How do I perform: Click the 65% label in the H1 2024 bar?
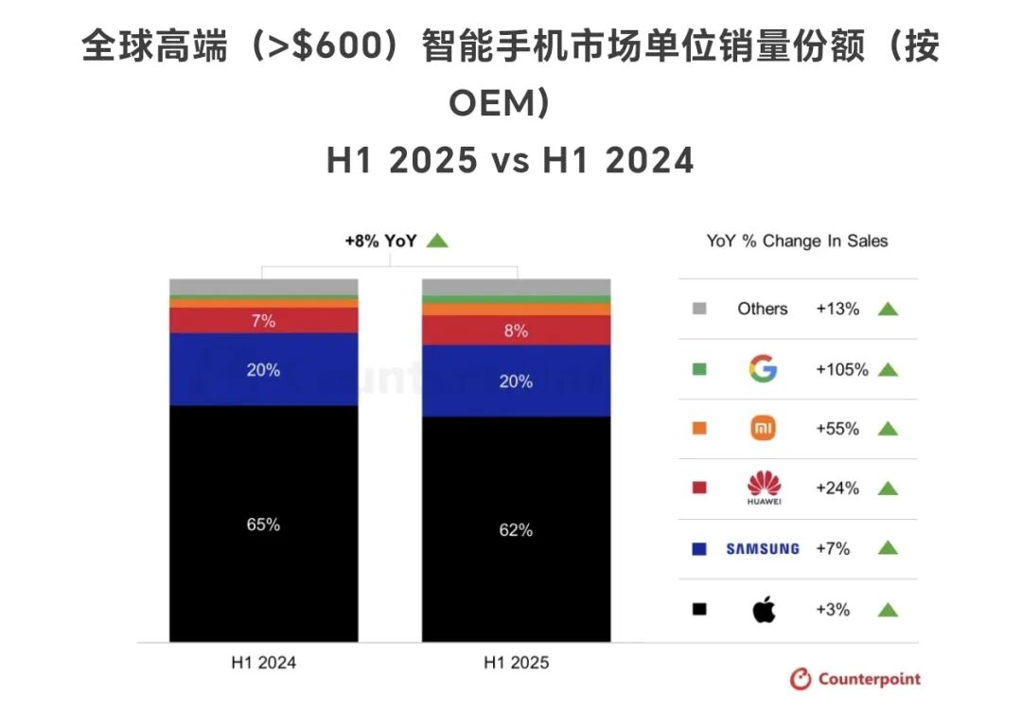pos(263,524)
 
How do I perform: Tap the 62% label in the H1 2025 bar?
pos(516,530)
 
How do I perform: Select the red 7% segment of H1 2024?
pos(263,321)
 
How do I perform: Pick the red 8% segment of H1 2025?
pos(516,330)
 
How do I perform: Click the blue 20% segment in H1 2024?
pos(263,370)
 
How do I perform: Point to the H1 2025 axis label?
pos(516,663)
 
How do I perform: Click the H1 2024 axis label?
pos(263,663)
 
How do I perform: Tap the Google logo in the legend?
pos(762,369)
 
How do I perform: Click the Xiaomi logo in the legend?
pos(763,429)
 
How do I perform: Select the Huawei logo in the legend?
pos(763,489)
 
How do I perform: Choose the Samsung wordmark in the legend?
pos(762,548)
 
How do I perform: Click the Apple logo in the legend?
pos(763,610)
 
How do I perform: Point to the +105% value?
pos(841,369)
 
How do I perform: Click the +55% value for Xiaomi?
pos(837,429)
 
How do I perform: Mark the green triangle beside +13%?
pos(888,309)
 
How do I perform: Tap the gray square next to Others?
pos(699,309)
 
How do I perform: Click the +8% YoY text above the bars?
pos(380,240)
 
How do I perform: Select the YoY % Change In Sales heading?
pos(797,240)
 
